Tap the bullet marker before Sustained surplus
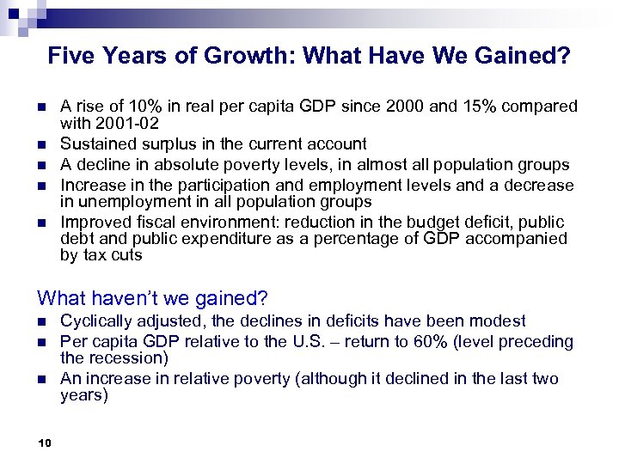41,143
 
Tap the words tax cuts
111,256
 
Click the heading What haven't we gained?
153,298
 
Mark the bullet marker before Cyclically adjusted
41,321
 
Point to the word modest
497,321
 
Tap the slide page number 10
46,443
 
